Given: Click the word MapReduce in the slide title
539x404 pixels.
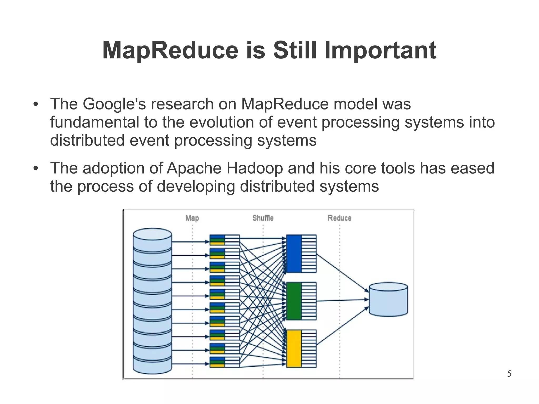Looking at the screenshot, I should click(170, 50).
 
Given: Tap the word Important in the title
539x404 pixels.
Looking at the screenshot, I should click(380, 50).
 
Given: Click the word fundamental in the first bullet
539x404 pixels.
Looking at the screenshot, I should click(94, 122).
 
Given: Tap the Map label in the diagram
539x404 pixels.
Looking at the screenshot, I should click(192, 218).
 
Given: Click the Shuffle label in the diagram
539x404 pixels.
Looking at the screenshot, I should click(263, 218).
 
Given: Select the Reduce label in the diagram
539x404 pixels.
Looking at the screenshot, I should click(339, 218).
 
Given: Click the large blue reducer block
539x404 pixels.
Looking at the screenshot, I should click(294, 253).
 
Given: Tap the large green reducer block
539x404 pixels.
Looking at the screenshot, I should click(294, 301).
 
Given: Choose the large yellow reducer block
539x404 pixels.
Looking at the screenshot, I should click(294, 348).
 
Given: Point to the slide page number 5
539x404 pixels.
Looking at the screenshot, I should click(509, 374).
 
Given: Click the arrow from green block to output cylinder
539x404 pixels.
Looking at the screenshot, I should click(342, 300).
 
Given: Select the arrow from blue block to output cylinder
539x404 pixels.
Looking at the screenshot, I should click(342, 273).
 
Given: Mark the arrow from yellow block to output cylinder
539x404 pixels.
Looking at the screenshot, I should click(342, 326).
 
